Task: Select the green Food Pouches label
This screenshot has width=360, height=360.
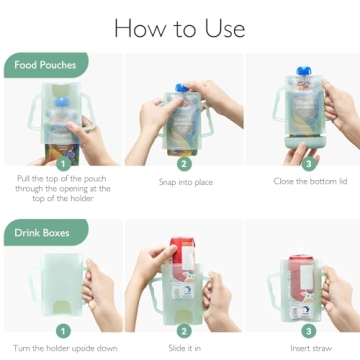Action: pyautogui.click(x=43, y=66)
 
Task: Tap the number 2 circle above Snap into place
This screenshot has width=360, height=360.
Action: pyautogui.click(x=183, y=163)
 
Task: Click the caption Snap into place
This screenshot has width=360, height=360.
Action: pyautogui.click(x=184, y=182)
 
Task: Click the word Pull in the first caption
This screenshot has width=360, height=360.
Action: pyautogui.click(x=26, y=179)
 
